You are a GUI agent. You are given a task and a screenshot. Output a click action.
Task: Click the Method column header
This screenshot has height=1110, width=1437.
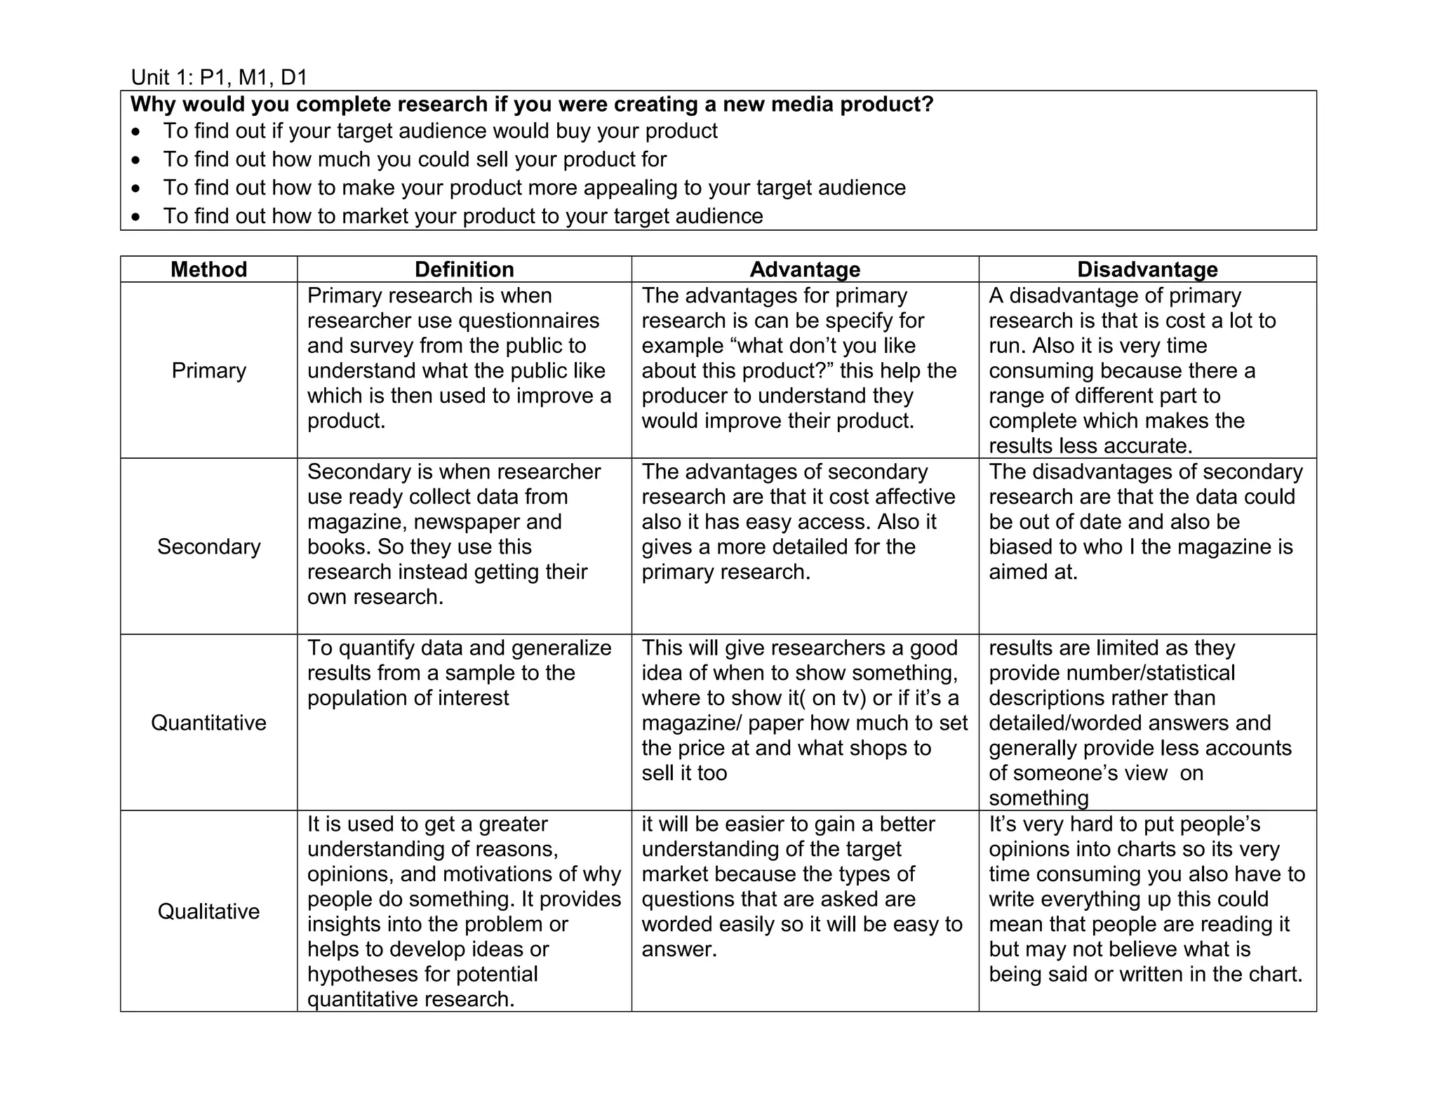pos(208,269)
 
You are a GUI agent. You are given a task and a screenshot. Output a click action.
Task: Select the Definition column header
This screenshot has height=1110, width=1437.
pos(464,269)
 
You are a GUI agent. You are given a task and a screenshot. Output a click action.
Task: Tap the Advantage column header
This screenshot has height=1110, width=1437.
pos(805,269)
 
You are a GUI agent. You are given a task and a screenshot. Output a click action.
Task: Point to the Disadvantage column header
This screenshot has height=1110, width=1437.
pos(1147,269)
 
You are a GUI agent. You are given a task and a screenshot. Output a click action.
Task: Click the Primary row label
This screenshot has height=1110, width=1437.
pos(208,370)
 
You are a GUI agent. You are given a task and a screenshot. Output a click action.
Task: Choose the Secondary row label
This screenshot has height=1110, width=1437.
pos(208,547)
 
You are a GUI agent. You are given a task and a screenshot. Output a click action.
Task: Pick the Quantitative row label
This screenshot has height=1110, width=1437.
pos(208,723)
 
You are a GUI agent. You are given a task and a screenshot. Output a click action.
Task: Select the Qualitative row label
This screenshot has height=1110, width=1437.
pos(208,911)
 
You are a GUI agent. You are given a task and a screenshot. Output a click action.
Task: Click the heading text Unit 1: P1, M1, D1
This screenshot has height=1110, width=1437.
pos(219,77)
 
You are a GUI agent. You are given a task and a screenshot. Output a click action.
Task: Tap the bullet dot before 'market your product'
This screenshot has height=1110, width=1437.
pos(136,217)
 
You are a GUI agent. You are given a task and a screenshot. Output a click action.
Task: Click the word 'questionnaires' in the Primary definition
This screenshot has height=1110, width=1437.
pos(528,321)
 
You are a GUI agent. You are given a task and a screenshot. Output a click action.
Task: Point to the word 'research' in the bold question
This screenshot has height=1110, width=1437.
pos(442,105)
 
